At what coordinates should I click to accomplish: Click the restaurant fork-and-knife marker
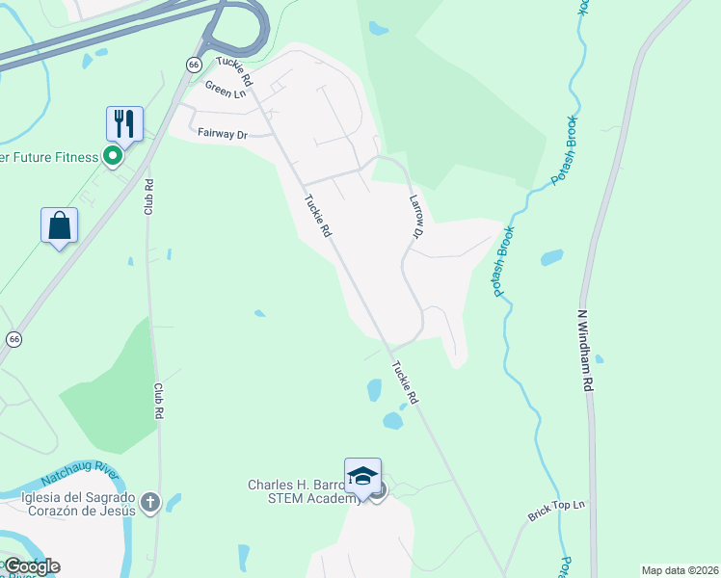point(124,123)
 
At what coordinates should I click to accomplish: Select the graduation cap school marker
point(362,477)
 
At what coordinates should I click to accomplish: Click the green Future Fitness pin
point(113,156)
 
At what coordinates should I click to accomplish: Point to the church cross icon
point(149,502)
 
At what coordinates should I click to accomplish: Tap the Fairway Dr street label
point(222,134)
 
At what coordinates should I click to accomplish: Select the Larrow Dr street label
point(416,216)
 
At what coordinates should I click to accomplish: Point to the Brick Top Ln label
point(556,511)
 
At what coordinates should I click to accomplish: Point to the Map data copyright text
point(680,570)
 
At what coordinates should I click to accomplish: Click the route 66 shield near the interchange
point(193,64)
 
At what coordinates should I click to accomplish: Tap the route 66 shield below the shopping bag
point(13,339)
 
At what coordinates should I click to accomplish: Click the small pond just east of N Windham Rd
point(599,360)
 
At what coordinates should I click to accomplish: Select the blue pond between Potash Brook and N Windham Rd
point(551,257)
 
